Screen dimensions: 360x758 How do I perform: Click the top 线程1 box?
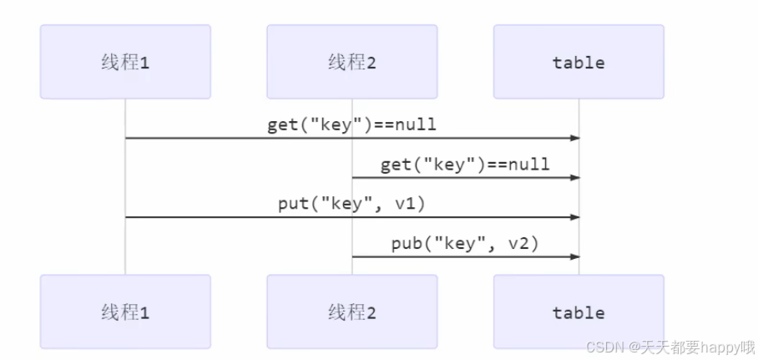(125, 62)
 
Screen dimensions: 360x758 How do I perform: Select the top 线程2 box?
(351, 62)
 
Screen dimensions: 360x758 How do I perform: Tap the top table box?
(579, 62)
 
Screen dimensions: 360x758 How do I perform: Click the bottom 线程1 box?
(125, 312)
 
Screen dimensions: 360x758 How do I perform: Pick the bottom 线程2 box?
(351, 312)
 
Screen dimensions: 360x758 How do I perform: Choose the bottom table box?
(579, 312)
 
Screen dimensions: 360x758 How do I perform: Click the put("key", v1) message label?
(351, 205)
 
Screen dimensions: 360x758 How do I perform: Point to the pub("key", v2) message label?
(465, 244)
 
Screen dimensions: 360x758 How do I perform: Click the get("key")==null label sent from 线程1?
(351, 125)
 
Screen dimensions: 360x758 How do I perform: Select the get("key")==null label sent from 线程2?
(465, 165)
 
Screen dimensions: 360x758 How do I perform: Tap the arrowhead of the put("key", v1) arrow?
(575, 217)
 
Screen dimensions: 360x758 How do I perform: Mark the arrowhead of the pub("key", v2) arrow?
(575, 256)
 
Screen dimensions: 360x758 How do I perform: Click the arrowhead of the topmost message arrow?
(575, 138)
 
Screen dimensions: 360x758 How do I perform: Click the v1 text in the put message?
(414, 205)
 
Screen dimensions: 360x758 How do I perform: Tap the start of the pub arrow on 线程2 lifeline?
(352, 256)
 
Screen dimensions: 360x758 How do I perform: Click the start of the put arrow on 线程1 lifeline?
(126, 217)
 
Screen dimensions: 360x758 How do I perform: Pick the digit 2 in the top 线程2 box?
(371, 63)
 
